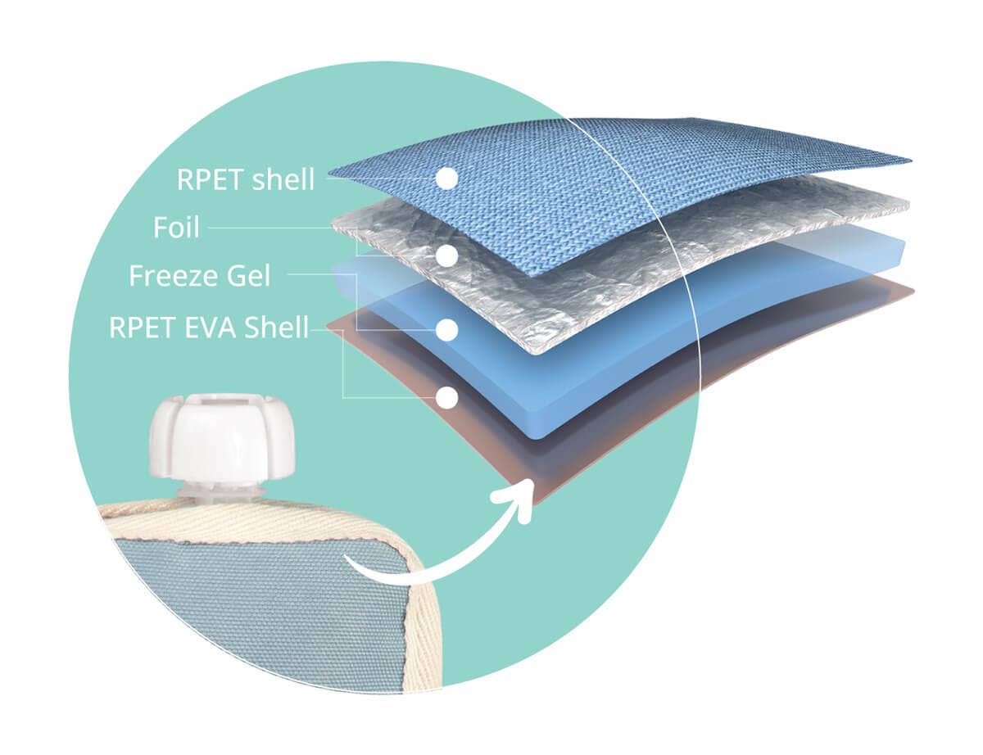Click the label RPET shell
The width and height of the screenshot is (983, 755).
[x=246, y=179]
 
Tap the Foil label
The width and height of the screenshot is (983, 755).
[x=176, y=228]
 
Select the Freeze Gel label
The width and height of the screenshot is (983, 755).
[x=200, y=276]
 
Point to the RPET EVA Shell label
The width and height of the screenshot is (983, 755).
[x=209, y=327]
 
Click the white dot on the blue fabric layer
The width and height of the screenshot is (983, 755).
[x=447, y=179]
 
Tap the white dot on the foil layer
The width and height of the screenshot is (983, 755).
[x=447, y=255]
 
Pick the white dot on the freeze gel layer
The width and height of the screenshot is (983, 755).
[x=447, y=331]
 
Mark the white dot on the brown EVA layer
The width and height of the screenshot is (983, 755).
[x=447, y=398]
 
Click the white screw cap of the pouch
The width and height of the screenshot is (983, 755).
[x=223, y=436]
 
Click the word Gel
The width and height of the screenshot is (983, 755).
[x=248, y=276]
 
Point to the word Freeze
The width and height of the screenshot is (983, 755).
[x=174, y=276]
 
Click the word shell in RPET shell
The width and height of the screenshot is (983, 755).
[x=283, y=179]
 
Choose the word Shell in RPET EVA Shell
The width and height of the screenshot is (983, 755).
[x=277, y=327]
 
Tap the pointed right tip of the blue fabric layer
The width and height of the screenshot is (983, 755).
[x=910, y=161]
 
